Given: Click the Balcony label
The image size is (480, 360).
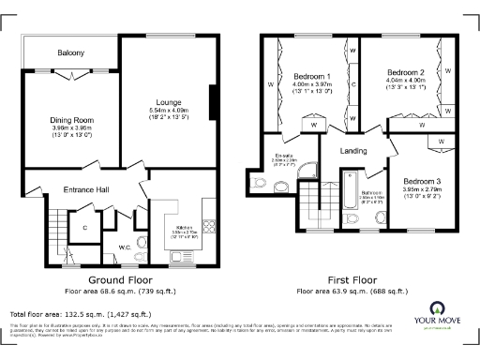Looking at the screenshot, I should [x=71, y=52].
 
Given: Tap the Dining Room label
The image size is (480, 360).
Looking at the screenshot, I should [x=72, y=119].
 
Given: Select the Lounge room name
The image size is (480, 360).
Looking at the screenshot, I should [x=170, y=101].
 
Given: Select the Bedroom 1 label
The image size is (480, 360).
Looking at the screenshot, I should [x=312, y=76].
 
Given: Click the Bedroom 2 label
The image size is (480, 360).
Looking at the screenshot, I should [x=406, y=71].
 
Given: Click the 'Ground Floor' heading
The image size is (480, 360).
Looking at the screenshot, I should [x=121, y=280].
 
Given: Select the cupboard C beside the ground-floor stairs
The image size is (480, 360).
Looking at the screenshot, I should [x=84, y=227].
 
